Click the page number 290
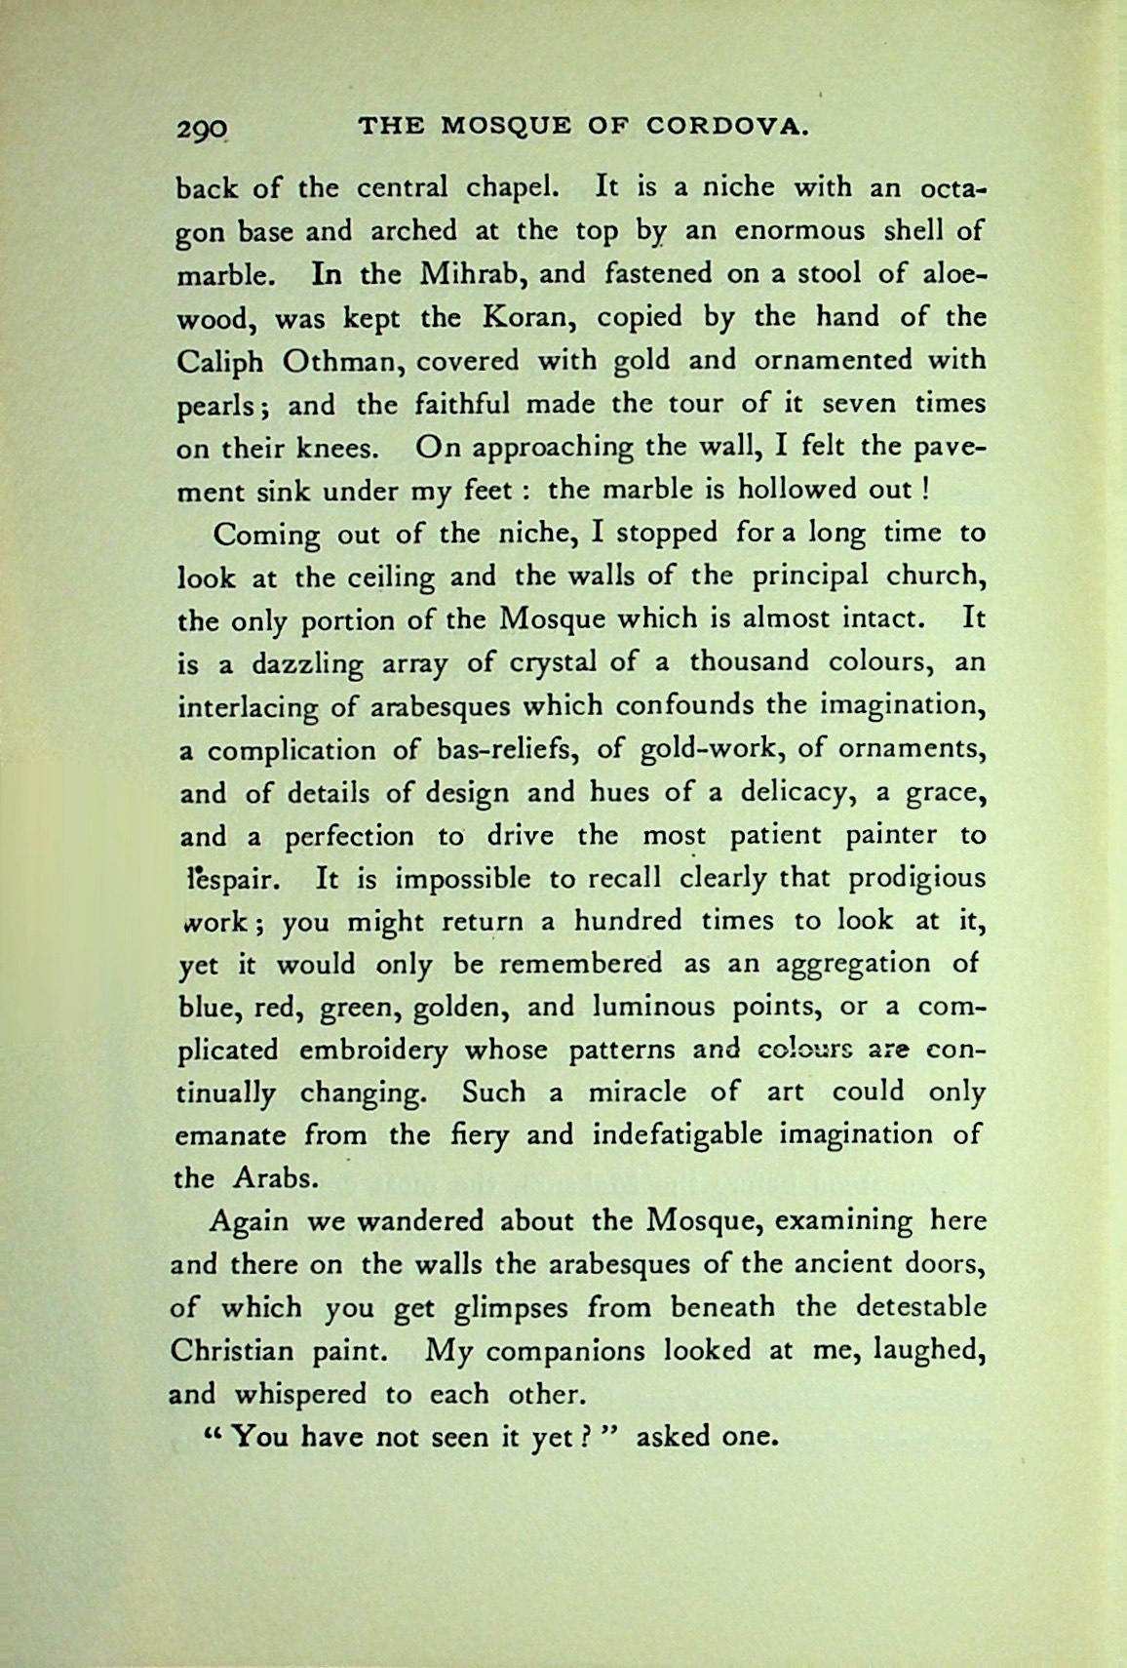[202, 128]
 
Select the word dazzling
[294, 664]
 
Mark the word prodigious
[916, 878]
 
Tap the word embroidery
[374, 1051]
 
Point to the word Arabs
[276, 1178]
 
